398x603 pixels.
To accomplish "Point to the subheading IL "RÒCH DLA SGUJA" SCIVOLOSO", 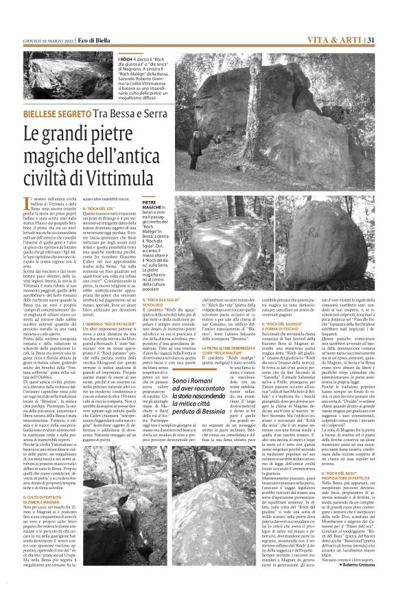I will pos(163,302).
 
